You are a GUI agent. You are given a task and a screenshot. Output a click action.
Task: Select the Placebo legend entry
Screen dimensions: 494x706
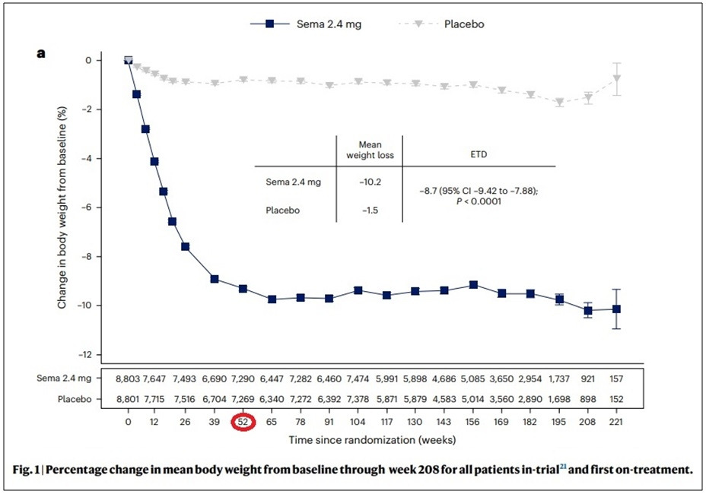(x=464, y=24)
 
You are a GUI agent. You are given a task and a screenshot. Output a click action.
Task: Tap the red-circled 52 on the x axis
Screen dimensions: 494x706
(x=243, y=422)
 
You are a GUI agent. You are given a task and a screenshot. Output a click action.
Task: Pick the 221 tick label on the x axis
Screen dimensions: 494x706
(x=616, y=422)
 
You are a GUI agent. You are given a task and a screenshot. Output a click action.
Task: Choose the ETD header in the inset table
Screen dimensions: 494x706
(x=479, y=154)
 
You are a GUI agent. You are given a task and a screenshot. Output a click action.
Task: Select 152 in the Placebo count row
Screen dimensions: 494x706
(x=616, y=397)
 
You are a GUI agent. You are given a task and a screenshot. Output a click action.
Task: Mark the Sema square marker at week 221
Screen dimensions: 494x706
(x=616, y=309)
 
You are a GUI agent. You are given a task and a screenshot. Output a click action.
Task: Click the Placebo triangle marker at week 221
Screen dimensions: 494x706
(x=616, y=78)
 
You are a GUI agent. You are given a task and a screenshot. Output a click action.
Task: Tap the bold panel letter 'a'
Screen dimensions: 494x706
(x=42, y=53)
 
